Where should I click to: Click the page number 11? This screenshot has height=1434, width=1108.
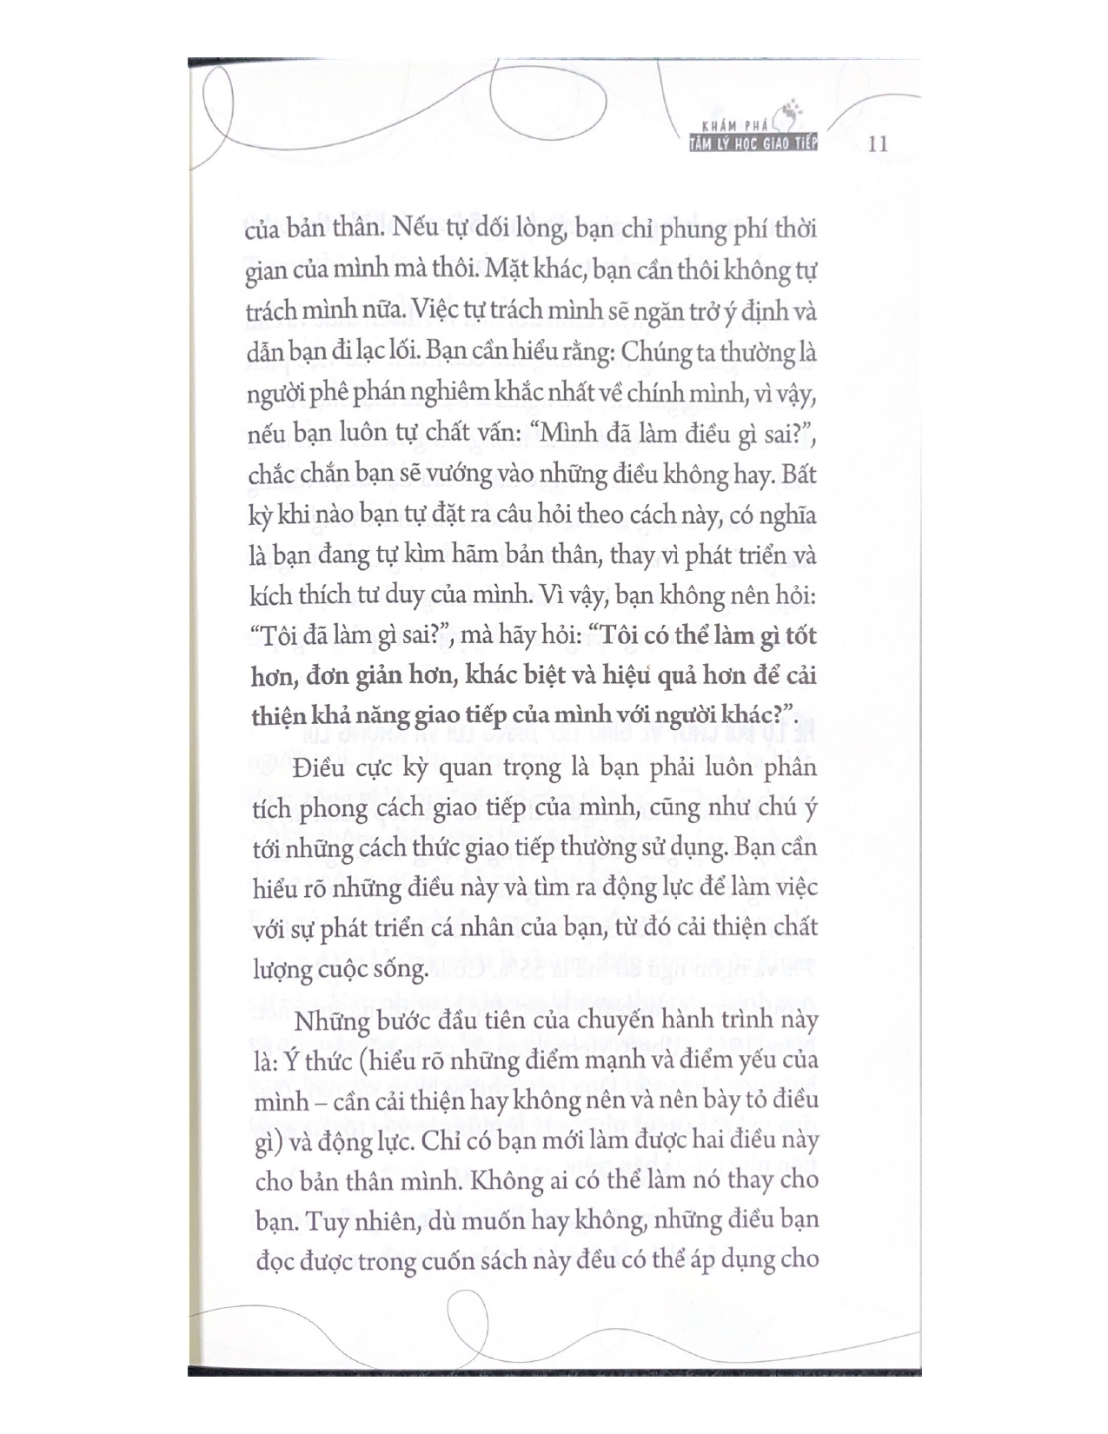[x=878, y=143]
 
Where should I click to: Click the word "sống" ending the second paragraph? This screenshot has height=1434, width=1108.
[x=401, y=966]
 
